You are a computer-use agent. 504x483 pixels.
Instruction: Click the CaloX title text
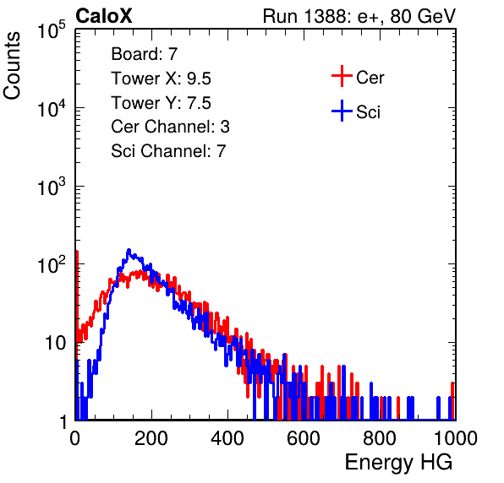coord(104,16)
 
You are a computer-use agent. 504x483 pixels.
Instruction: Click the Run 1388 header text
coord(359,16)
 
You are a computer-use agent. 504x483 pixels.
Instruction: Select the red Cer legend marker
coord(342,76)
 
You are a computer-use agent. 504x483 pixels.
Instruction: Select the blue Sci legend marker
coord(342,111)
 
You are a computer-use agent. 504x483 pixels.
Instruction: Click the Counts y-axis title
coord(12,66)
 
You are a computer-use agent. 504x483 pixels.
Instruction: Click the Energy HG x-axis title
coord(398,463)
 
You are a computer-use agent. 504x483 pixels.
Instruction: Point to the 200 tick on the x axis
coord(151,438)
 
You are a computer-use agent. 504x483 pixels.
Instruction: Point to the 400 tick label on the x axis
coord(227,438)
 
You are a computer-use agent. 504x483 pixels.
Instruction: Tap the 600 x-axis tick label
coord(304,438)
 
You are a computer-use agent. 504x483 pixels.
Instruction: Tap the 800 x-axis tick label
coord(380,438)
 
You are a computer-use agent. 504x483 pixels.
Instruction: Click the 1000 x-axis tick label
coord(456,438)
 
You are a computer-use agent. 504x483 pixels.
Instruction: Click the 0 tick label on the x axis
coord(75,438)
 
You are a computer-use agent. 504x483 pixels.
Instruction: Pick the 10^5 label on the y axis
coord(52,30)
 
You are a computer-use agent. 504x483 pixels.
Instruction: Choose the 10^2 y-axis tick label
coord(52,265)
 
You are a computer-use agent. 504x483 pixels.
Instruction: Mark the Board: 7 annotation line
coord(145,54)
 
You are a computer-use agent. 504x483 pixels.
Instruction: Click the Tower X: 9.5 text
coord(161,79)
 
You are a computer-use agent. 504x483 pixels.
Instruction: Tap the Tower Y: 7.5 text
coord(161,103)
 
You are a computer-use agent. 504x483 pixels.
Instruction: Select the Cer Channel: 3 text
coord(170,127)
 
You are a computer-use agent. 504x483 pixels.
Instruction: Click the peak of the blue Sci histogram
coord(129,250)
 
